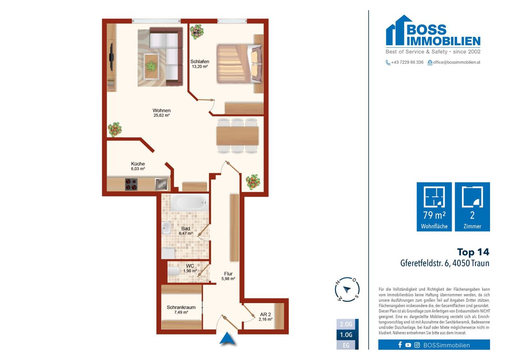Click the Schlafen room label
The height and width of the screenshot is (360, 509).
pyautogui.click(x=200, y=61)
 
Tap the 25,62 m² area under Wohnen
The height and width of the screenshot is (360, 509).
pyautogui.click(x=161, y=115)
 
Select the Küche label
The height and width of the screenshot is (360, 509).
pyautogui.click(x=138, y=163)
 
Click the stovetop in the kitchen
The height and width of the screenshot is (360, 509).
pyautogui.click(x=131, y=184)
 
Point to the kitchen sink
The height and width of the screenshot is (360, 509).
pyautogui.click(x=161, y=184)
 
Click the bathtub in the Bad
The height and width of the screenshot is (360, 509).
pyautogui.click(x=189, y=202)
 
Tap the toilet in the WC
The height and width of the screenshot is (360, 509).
pyautogui.click(x=174, y=271)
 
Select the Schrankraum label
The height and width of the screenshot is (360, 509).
pyautogui.click(x=181, y=307)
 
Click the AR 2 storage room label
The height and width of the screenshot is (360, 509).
pyautogui.click(x=265, y=314)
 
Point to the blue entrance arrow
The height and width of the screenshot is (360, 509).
pyautogui.click(x=227, y=338)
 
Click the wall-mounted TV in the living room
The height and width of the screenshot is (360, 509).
pyautogui.click(x=112, y=57)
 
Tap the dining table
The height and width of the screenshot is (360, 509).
pyautogui.click(x=237, y=136)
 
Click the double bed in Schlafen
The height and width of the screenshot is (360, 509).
pyautogui.click(x=239, y=64)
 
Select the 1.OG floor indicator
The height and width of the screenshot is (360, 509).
pyautogui.click(x=346, y=335)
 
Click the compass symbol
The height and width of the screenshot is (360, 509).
pyautogui.click(x=347, y=290)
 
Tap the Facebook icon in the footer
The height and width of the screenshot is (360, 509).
pyautogui.click(x=400, y=345)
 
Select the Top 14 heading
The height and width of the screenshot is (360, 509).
pyautogui.click(x=473, y=252)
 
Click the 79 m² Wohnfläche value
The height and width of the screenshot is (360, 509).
pyautogui.click(x=434, y=215)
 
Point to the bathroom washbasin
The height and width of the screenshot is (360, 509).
pyautogui.click(x=166, y=228)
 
